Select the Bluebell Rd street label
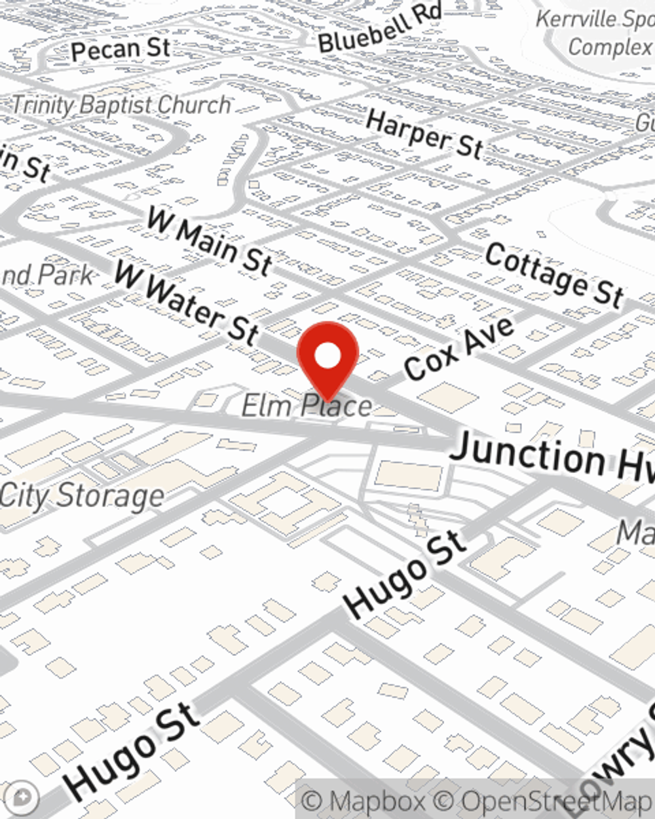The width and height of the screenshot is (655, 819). [380, 29]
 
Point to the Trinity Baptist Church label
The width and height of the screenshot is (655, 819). [122, 105]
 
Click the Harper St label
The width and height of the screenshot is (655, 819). [424, 134]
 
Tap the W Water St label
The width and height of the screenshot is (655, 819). [187, 302]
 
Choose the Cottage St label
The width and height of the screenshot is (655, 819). [553, 275]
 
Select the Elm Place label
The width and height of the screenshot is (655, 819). [306, 406]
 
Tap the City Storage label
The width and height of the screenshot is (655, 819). [82, 496]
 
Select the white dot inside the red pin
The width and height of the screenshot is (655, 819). [327, 356]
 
